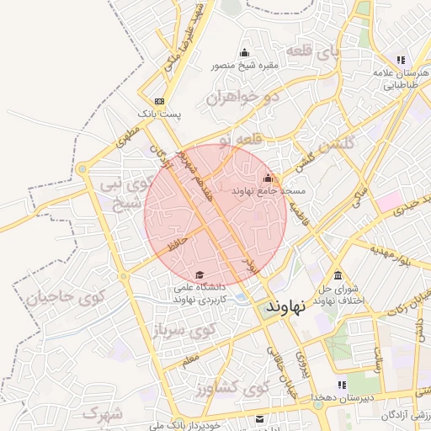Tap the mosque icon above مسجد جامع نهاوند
(269, 178)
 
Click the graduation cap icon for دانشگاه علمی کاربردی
(200, 274)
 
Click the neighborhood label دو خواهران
(241, 97)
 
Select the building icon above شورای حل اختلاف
(338, 276)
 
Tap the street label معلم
(190, 359)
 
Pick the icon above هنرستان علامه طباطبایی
(401, 60)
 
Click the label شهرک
(104, 412)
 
